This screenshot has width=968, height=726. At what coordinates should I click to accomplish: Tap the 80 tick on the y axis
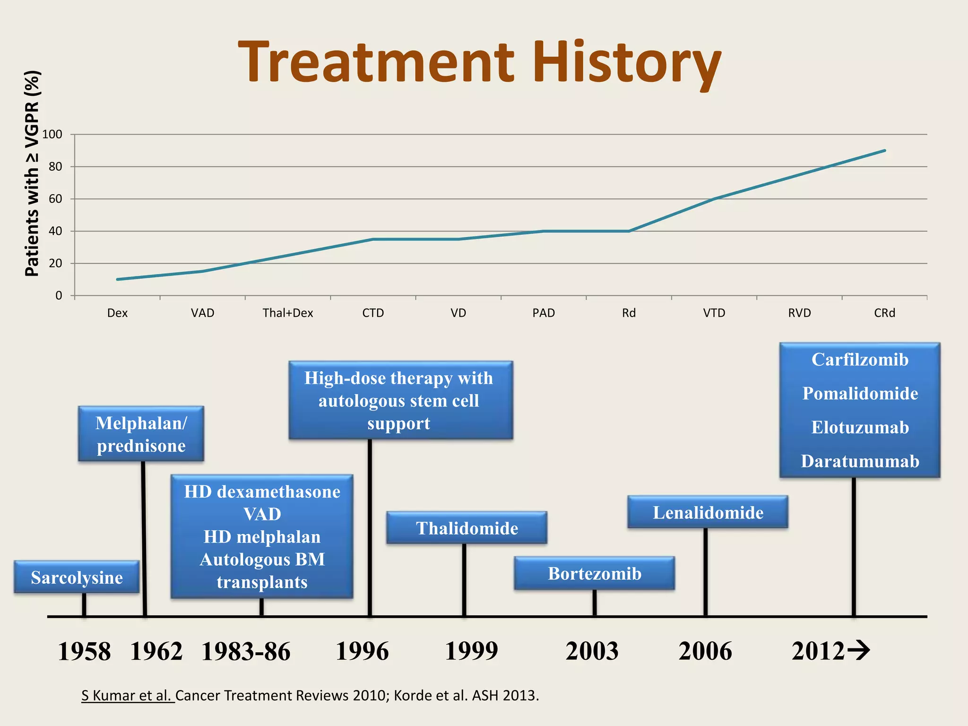coord(55,166)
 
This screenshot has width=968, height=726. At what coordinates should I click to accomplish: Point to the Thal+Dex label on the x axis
coord(288,313)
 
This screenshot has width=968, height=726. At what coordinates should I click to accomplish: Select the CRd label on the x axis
coord(884,313)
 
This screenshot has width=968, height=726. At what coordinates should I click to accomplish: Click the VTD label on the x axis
coord(714,313)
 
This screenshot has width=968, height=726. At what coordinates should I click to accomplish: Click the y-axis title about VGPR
coord(32,173)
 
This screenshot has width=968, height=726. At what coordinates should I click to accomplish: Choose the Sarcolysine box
coord(77,577)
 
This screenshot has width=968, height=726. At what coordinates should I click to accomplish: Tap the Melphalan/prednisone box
coord(141,434)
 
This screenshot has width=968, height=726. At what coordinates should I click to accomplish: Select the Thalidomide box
coord(467,528)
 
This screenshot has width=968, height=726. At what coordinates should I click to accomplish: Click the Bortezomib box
coord(594,573)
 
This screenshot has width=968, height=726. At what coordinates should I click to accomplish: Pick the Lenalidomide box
coord(708,512)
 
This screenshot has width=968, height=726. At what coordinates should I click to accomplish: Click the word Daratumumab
coord(860,461)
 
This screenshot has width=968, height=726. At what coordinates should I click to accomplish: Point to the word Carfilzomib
coord(860,360)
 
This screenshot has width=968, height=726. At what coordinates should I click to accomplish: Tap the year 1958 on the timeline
coord(84,651)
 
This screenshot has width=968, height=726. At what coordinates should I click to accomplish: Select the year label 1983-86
coord(246,651)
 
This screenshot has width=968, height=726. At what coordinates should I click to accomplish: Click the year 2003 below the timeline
coord(592,651)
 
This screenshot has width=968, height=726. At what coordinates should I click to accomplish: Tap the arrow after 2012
coord(858,650)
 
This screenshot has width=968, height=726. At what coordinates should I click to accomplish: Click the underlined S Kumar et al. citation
coord(128,696)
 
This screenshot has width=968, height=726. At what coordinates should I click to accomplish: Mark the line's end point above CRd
coord(884,151)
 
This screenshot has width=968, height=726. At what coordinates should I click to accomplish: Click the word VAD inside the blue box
coord(262,514)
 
